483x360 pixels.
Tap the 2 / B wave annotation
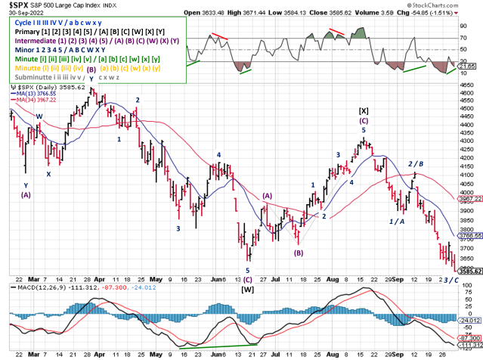416,163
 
